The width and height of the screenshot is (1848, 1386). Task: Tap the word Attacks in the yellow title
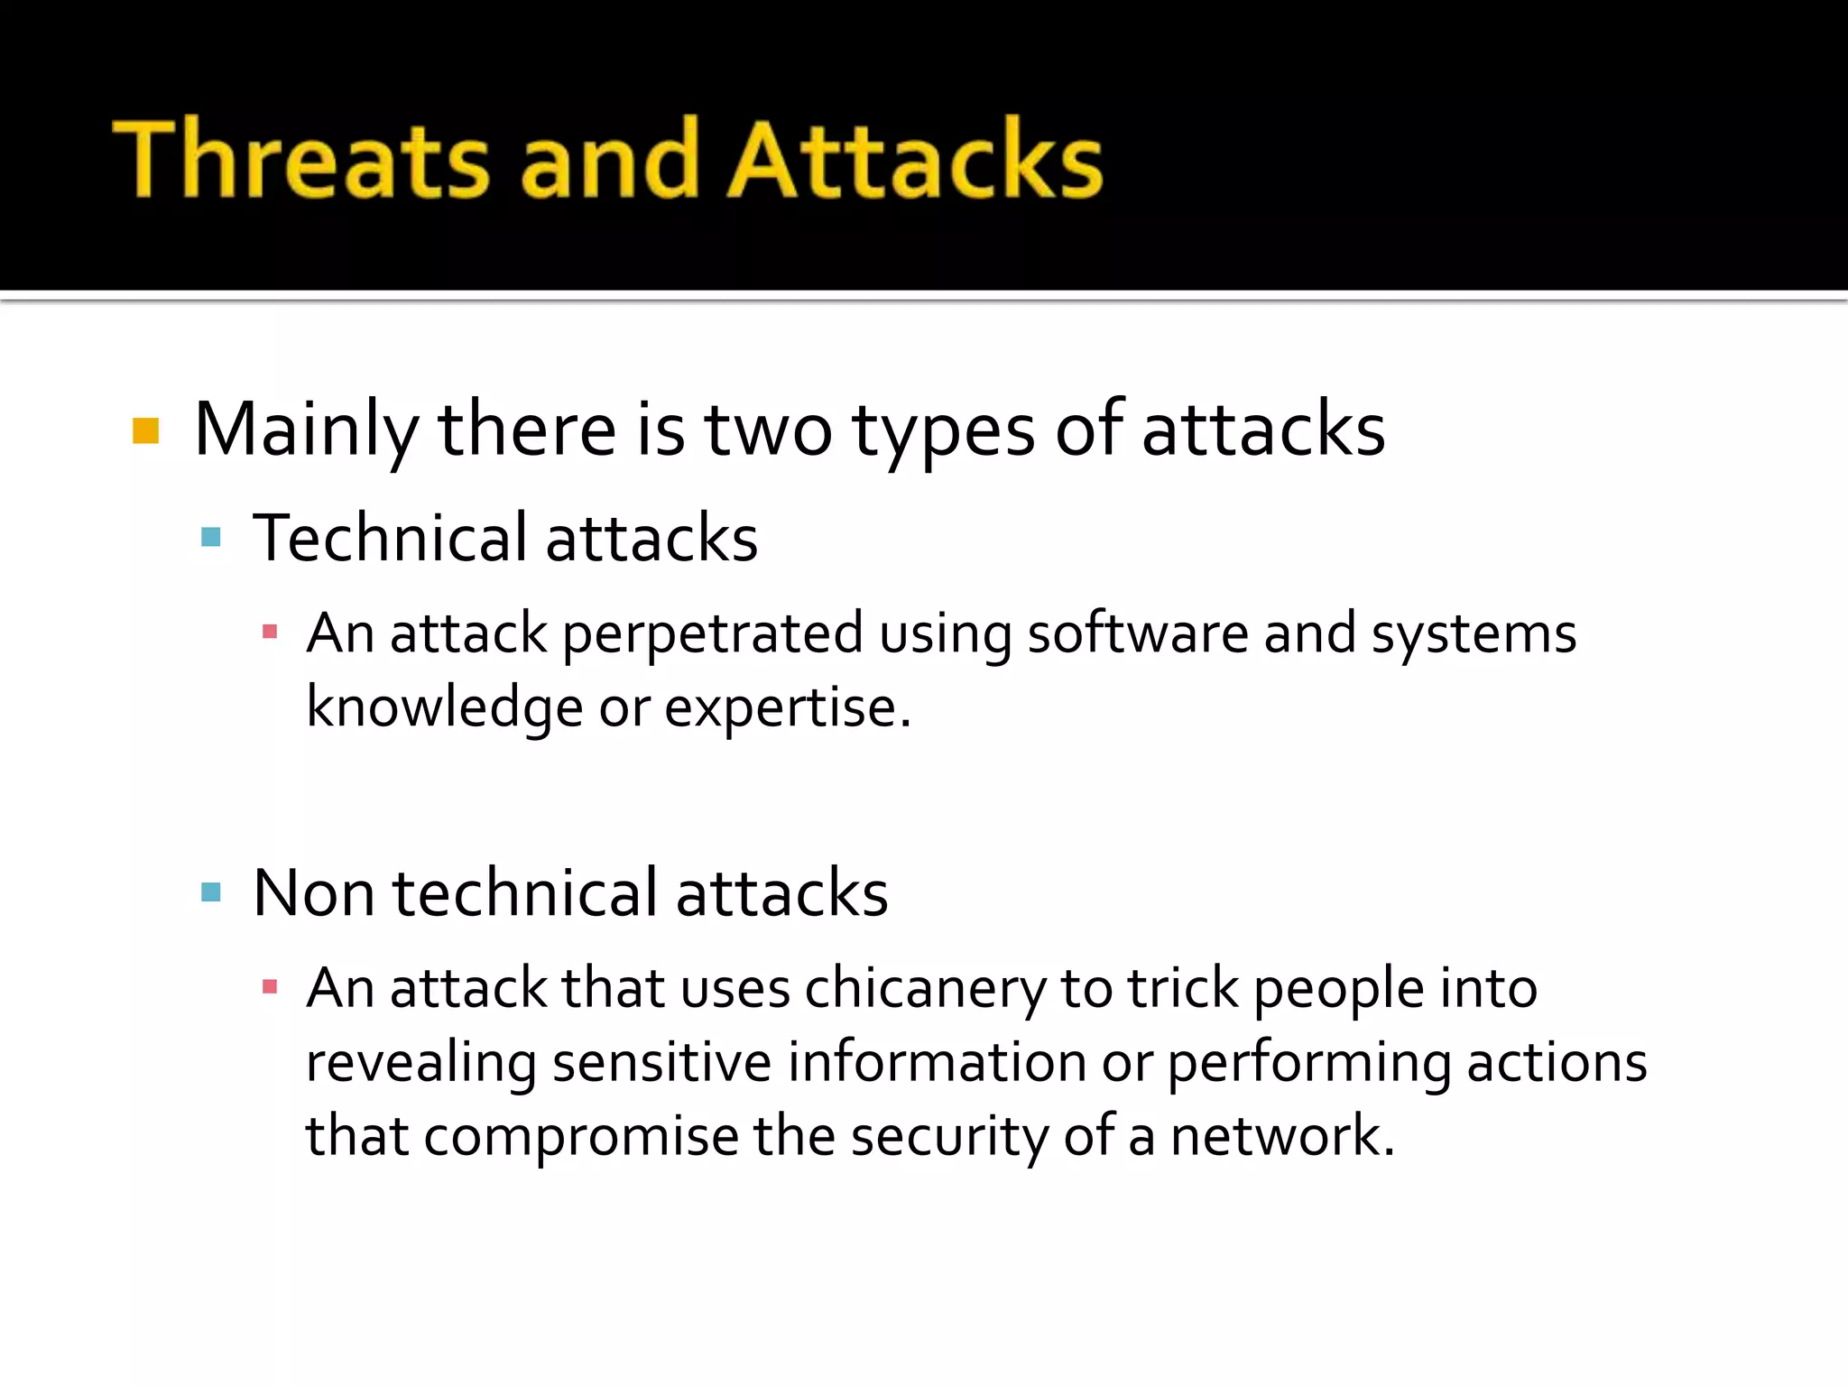point(915,160)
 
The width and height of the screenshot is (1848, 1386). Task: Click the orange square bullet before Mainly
point(145,431)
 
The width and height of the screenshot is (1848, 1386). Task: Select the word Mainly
point(306,431)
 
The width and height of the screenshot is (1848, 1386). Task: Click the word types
point(943,431)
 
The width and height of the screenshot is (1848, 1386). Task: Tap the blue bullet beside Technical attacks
point(211,538)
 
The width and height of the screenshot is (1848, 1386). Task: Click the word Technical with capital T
point(389,538)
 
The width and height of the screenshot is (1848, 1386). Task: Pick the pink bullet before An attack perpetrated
point(269,632)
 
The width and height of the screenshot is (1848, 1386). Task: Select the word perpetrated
point(712,633)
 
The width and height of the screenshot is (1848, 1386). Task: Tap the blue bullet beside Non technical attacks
point(211,892)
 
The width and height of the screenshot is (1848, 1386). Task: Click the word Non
point(313,892)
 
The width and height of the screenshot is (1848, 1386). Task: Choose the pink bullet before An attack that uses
point(269,986)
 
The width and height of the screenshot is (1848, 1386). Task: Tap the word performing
point(1309,1063)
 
